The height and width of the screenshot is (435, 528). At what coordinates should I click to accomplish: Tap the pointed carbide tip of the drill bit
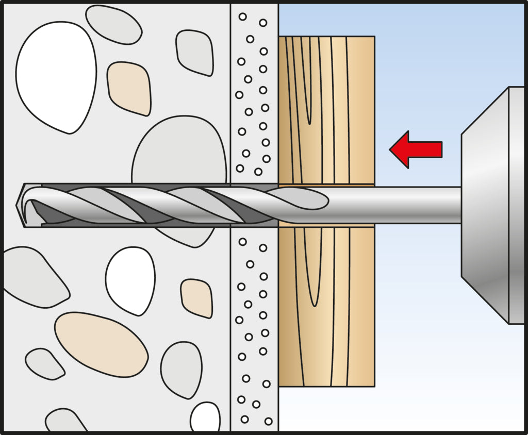click(x=21, y=205)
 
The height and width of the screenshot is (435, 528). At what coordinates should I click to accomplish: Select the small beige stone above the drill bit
click(x=129, y=88)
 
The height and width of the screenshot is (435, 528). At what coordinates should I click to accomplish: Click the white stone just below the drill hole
click(x=130, y=281)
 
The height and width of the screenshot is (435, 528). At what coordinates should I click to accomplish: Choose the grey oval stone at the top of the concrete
click(x=113, y=24)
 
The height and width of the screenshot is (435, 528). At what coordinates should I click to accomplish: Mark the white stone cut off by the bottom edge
click(x=205, y=417)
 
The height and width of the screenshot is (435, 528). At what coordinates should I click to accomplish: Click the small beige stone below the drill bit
click(x=196, y=298)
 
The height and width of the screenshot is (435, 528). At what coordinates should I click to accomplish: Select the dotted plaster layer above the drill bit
click(x=254, y=93)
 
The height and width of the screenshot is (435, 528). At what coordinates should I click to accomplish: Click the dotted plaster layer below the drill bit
click(x=254, y=330)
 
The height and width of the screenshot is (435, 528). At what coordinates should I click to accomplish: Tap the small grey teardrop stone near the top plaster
click(x=195, y=52)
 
